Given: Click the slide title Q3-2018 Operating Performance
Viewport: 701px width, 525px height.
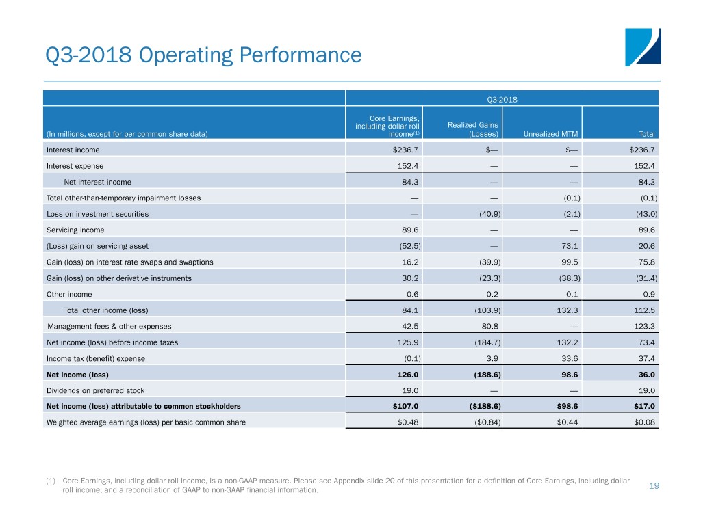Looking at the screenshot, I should click(201, 55).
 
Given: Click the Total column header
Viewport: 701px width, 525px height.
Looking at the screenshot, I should click(646, 133).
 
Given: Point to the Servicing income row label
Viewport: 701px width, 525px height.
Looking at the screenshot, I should click(75, 230).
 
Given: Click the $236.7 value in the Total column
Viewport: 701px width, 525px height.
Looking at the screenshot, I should click(641, 150).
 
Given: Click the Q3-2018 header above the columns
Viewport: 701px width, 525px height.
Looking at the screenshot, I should click(502, 99).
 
